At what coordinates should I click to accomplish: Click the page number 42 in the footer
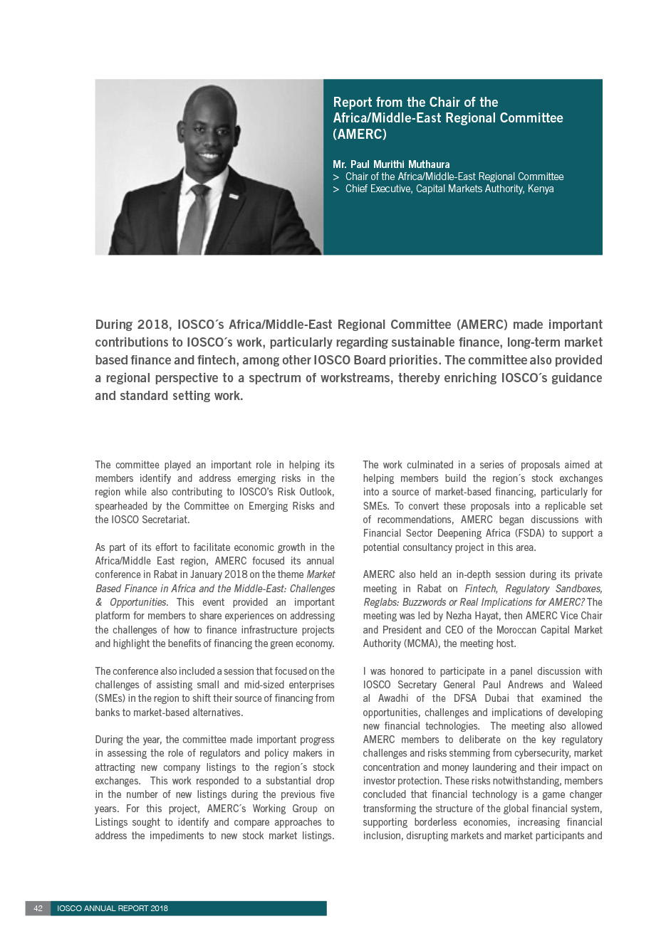[38, 908]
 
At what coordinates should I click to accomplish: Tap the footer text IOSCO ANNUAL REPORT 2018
[113, 908]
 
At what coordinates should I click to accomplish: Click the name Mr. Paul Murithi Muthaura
[391, 164]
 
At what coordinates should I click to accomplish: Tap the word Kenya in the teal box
[541, 189]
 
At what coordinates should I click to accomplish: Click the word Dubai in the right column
[497, 698]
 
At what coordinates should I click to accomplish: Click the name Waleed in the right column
[587, 685]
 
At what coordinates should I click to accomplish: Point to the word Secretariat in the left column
[163, 520]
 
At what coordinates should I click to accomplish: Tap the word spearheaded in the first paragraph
[122, 506]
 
